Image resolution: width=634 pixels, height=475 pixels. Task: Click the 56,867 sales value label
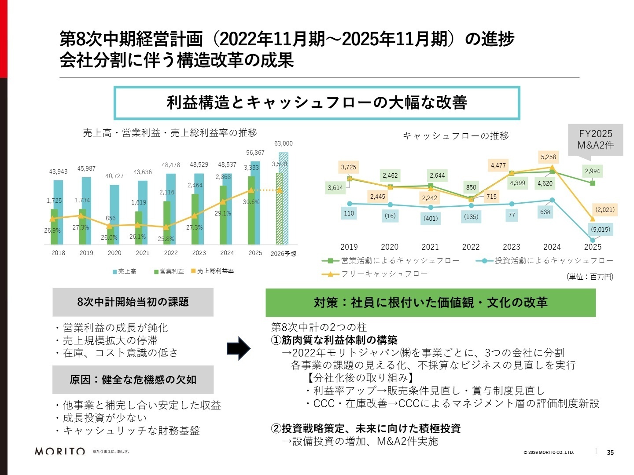[255, 153]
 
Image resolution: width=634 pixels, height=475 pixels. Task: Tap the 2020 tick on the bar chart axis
[114, 253]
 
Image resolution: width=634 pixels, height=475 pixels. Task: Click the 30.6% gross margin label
[251, 202]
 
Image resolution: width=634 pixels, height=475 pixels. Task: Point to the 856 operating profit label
[111, 218]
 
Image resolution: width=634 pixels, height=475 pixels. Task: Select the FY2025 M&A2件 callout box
[595, 139]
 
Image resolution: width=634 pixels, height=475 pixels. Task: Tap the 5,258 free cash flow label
[548, 157]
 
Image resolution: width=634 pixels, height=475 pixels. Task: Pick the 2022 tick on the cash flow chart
[471, 247]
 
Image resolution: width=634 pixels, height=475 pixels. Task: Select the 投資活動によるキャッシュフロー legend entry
[545, 261]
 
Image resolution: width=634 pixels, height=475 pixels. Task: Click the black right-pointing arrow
[239, 349]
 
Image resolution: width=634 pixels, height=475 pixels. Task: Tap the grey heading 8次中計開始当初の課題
[133, 302]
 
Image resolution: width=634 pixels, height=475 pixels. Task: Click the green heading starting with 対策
[430, 303]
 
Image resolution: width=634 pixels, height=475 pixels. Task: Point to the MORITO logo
[60, 451]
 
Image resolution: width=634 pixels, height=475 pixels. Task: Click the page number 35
[610, 452]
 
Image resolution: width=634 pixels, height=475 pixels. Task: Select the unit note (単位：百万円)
[590, 277]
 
